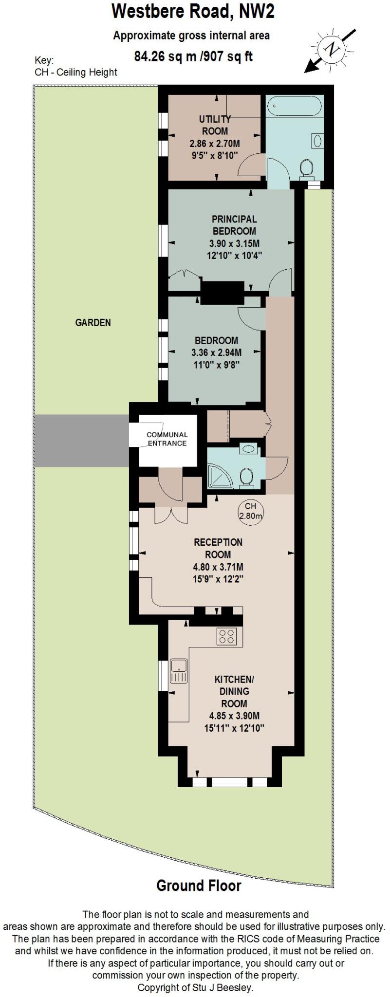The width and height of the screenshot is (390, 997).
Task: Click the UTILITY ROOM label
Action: [215, 125]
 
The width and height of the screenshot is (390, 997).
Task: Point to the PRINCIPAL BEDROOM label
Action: [234, 225]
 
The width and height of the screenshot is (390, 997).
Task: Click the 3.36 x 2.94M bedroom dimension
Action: [217, 353]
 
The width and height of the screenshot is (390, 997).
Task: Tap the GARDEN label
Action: [93, 322]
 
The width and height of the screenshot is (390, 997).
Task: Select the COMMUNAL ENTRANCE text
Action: [167, 439]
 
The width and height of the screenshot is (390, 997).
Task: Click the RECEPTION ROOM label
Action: [218, 548]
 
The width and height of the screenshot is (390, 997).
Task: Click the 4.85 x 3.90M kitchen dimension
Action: [234, 716]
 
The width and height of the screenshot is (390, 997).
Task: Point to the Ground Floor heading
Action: [199, 886]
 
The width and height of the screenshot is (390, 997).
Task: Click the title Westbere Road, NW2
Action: [193, 11]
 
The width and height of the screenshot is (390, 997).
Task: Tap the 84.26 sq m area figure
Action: [166, 57]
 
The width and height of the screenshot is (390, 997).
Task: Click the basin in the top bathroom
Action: [317, 141]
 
